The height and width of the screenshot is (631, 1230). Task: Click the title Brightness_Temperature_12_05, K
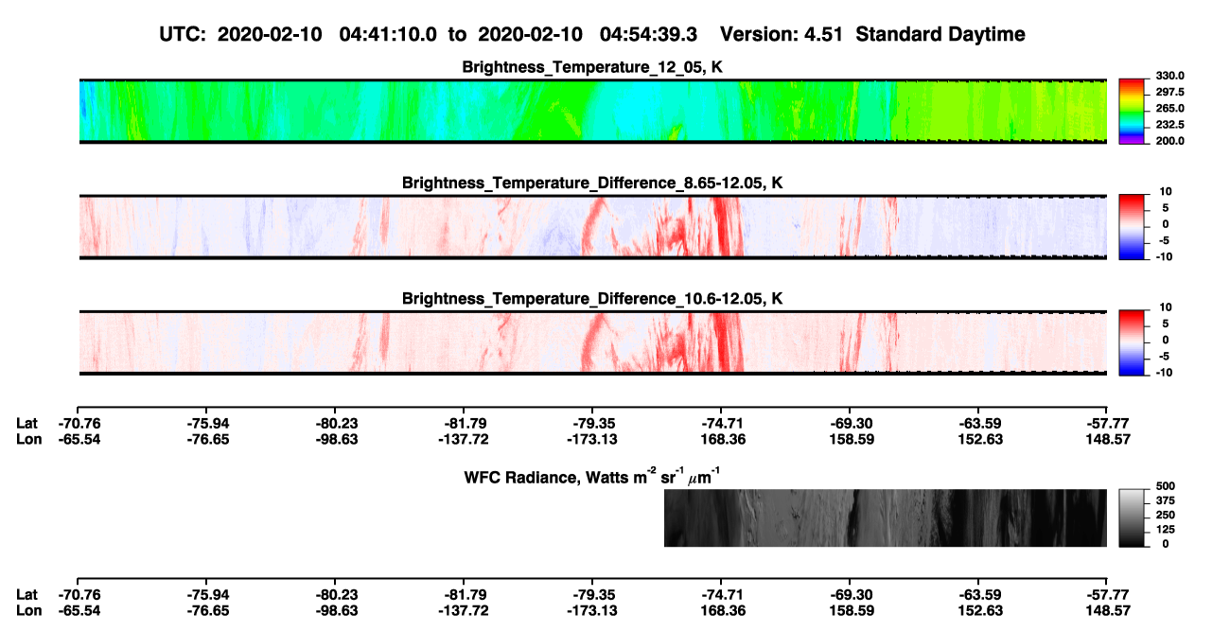(x=592, y=67)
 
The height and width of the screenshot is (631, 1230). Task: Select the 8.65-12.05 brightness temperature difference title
(x=592, y=183)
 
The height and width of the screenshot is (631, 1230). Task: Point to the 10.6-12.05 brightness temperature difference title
(x=592, y=299)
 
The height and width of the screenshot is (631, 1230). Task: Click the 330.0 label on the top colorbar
(x=1169, y=76)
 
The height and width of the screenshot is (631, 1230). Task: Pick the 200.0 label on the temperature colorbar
(x=1169, y=141)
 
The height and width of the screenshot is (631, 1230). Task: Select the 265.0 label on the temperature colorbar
(x=1169, y=108)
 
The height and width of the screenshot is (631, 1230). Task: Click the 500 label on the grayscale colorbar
(x=1166, y=486)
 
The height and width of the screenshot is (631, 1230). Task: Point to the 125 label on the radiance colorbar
(x=1166, y=530)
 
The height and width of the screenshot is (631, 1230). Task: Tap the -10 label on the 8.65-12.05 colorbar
(x=1164, y=257)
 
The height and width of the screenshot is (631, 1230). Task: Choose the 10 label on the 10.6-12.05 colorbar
(x=1166, y=307)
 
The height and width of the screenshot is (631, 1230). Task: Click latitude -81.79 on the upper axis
(x=464, y=424)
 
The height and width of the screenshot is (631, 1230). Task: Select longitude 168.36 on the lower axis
(x=723, y=611)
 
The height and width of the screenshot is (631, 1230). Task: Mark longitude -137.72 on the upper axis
(x=464, y=439)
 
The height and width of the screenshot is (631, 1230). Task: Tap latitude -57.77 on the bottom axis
(x=1108, y=595)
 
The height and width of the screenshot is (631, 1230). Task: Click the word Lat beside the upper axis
(x=26, y=424)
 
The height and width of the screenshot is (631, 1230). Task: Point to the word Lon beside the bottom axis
(x=29, y=611)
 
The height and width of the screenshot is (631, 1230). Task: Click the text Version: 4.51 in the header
(x=781, y=34)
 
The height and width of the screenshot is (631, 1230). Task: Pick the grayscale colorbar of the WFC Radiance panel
(x=1132, y=517)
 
